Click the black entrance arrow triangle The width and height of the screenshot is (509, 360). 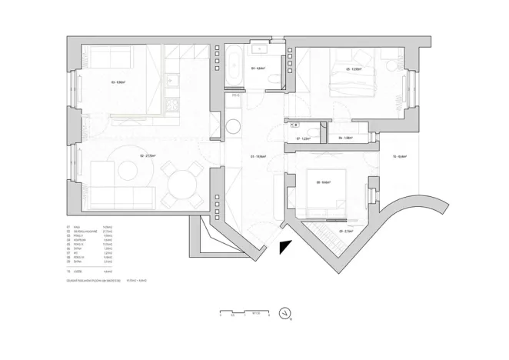(285, 246)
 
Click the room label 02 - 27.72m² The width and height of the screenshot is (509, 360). (148, 156)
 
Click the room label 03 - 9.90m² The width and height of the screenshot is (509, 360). (118, 82)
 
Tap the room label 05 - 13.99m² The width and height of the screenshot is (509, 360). (354, 68)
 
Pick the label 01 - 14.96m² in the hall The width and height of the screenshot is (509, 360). (258, 156)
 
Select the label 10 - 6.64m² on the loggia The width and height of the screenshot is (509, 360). (399, 156)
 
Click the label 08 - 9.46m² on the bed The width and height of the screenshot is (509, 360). (323, 182)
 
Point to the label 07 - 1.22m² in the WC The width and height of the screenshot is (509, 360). (302, 138)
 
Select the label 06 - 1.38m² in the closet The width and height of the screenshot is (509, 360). (344, 138)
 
